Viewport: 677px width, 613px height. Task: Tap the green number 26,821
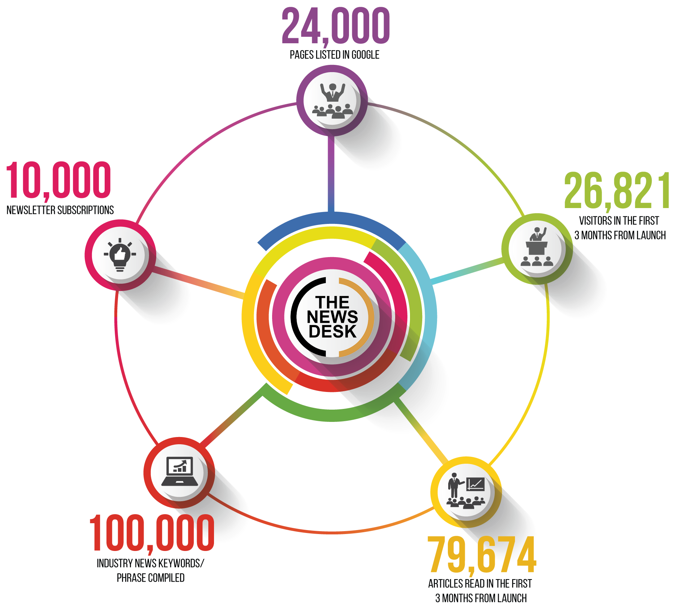(616, 191)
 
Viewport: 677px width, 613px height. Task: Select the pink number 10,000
(58, 181)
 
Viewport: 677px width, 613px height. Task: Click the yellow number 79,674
(482, 555)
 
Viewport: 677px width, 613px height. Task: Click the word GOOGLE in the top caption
(365, 55)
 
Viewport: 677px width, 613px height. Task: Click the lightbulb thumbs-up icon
(120, 255)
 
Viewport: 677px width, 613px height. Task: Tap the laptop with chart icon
(179, 472)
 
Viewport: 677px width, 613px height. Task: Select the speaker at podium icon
(537, 247)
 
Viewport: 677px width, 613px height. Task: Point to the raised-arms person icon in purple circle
(332, 101)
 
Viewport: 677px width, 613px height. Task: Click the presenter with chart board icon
(466, 491)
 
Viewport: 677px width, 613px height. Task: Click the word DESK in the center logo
(332, 331)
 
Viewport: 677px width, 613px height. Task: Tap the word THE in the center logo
(332, 302)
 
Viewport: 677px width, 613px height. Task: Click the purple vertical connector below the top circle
(331, 174)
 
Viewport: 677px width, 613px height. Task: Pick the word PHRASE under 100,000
(131, 578)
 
